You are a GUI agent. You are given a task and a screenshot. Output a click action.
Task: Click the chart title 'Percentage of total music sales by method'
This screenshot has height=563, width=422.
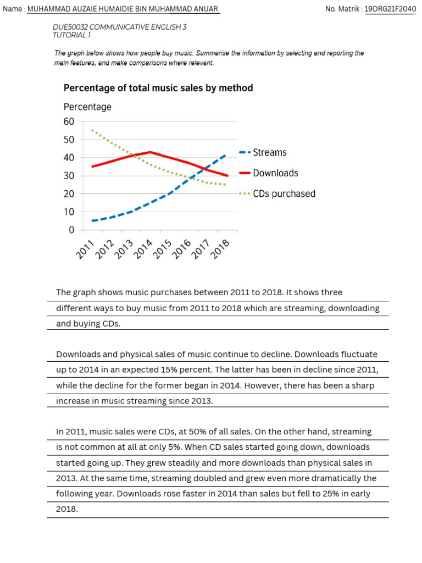click(x=158, y=88)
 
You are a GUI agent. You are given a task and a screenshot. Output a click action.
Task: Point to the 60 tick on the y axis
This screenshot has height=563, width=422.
click(x=69, y=122)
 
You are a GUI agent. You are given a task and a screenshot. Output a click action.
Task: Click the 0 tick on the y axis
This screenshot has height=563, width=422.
click(x=71, y=230)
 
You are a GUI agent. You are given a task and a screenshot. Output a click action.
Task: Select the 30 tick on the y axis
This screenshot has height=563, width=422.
click(x=69, y=176)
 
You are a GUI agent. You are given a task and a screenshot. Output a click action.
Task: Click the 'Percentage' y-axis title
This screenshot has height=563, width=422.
click(x=87, y=107)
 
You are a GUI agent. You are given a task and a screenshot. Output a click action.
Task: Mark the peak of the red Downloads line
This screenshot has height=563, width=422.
click(x=150, y=152)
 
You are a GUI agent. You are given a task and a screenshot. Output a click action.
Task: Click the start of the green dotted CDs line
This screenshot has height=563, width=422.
click(x=92, y=130)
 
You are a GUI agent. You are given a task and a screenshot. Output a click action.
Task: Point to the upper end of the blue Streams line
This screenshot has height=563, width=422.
click(x=225, y=155)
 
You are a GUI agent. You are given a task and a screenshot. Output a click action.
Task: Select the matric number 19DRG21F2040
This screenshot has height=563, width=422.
click(x=390, y=9)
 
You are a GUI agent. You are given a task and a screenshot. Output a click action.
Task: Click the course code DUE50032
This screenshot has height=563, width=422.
click(x=70, y=26)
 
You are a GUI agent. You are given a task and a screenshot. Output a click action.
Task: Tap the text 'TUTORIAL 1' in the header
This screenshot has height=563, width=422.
click(x=71, y=35)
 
